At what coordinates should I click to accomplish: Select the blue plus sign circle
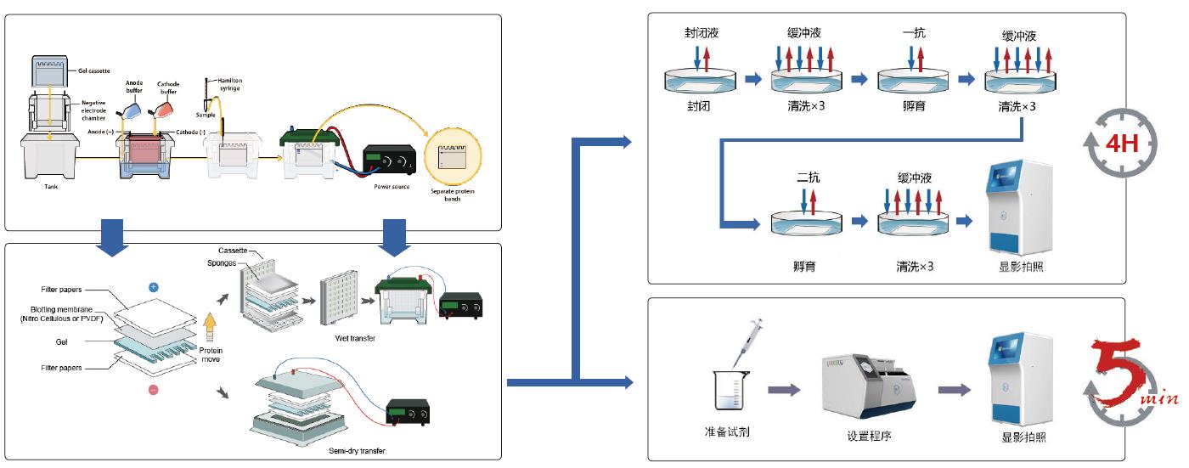153,287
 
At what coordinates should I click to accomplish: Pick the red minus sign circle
153,390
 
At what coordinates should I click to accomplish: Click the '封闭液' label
705,34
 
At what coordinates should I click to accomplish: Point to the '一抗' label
914,34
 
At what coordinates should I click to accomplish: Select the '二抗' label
809,178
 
